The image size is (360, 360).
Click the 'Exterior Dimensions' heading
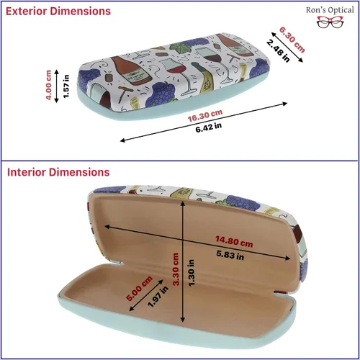click(58, 12)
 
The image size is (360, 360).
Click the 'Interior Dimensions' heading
click(58, 172)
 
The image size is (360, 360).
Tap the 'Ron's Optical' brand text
click(330, 10)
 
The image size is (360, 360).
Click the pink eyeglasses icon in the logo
click(330, 22)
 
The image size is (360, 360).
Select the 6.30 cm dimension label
click(292, 40)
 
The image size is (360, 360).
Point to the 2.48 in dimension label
click(279, 51)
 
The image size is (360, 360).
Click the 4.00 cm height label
click(48, 85)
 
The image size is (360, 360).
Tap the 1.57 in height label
click(66, 86)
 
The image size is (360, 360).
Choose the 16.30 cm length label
click(205, 116)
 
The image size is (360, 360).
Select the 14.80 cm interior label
click(234, 241)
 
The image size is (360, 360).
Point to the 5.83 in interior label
click(230, 256)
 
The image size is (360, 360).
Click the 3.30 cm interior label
click(176, 269)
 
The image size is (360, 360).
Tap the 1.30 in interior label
click(191, 273)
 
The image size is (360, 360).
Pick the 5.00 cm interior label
click(139, 289)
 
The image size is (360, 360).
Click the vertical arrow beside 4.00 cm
click(57, 86)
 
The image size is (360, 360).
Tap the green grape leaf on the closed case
click(179, 48)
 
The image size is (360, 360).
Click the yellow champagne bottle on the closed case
click(204, 77)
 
